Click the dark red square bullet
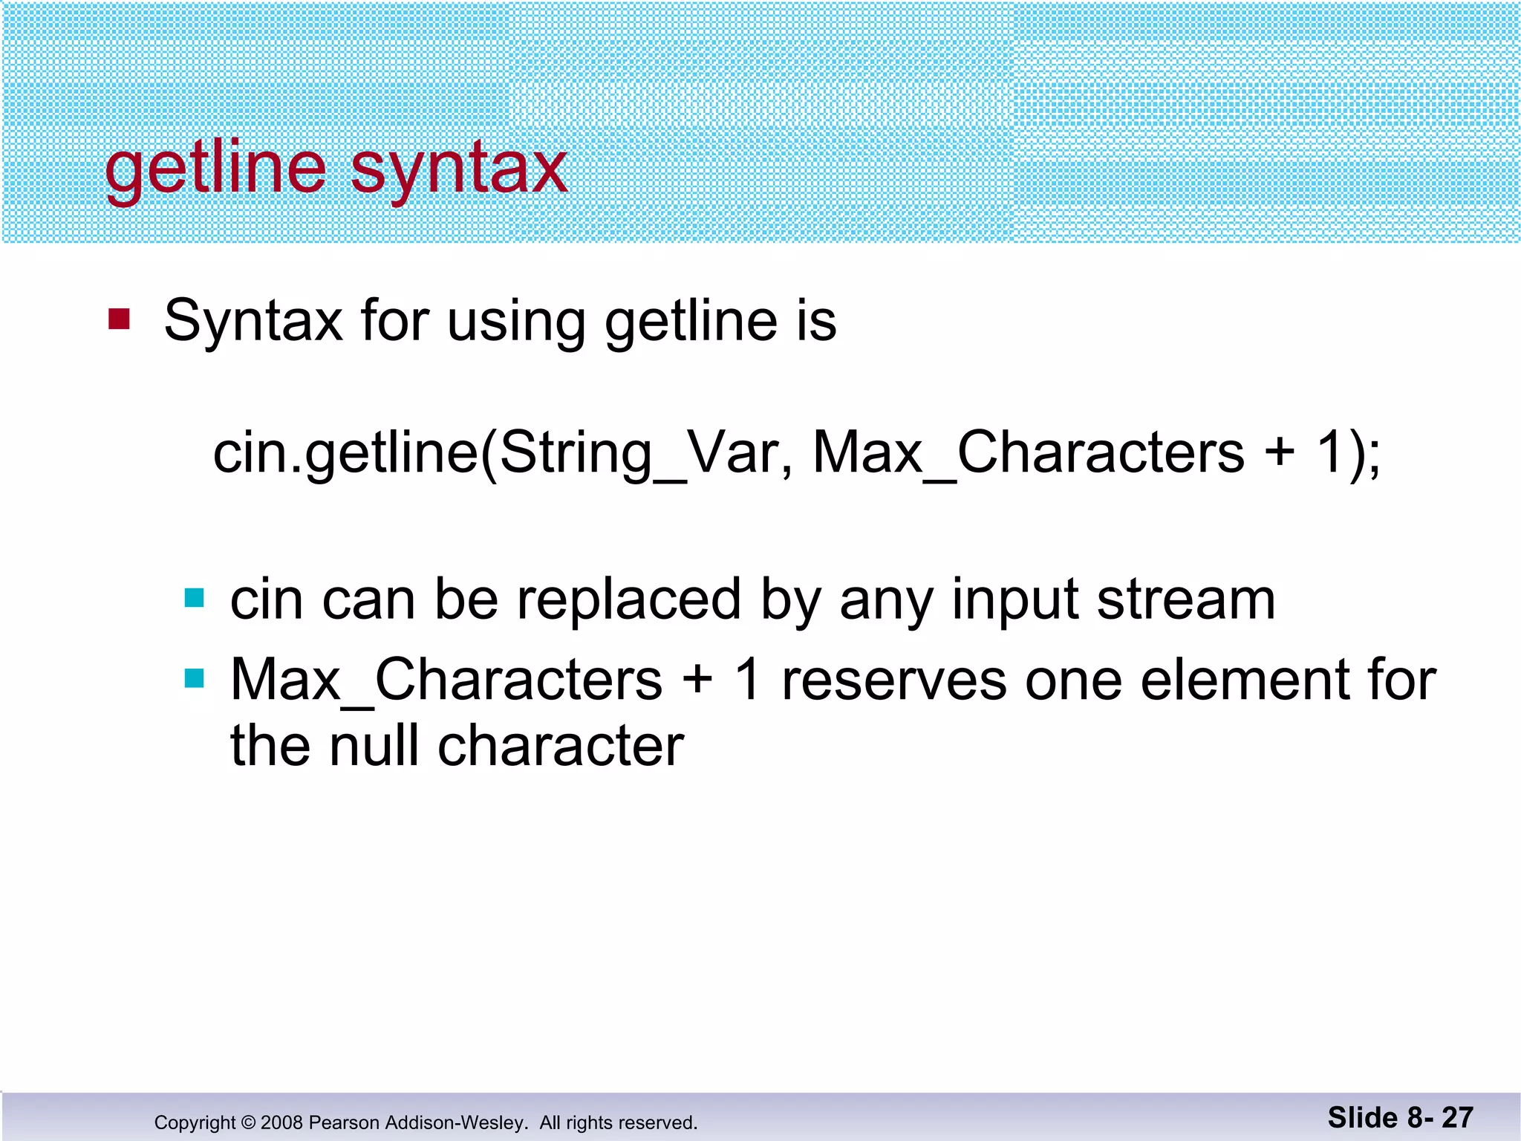pyautogui.click(x=119, y=319)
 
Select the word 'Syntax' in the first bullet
pyautogui.click(x=253, y=321)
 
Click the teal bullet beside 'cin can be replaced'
pyautogui.click(x=194, y=598)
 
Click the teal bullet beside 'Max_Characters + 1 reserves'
pyautogui.click(x=194, y=678)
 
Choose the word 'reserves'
pyautogui.click(x=893, y=680)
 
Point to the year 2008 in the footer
pyautogui.click(x=281, y=1122)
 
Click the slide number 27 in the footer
pyautogui.click(x=1457, y=1117)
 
